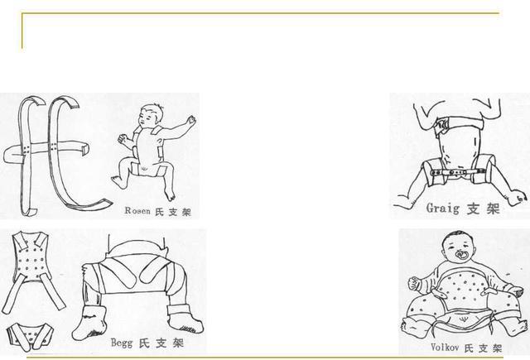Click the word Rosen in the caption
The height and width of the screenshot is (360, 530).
pyautogui.click(x=138, y=211)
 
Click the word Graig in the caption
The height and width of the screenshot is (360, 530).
pyautogui.click(x=441, y=208)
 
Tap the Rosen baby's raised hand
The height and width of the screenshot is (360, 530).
pyautogui.click(x=192, y=121)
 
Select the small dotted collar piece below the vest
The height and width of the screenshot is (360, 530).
pyautogui.click(x=30, y=335)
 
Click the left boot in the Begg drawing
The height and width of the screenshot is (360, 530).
pyautogui.click(x=86, y=321)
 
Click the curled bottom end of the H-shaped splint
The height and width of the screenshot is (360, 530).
pyautogui.click(x=95, y=202)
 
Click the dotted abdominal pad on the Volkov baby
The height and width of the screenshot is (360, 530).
pyautogui.click(x=460, y=290)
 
